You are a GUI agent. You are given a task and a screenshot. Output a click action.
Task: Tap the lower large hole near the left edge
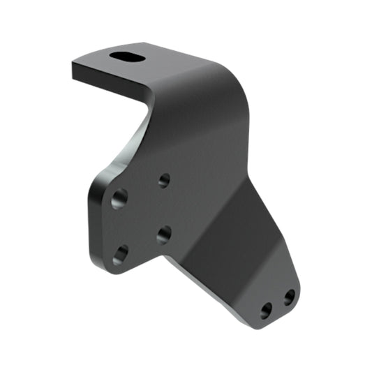coord(120,255)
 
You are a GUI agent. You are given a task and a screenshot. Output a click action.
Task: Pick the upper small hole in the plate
coord(164,181)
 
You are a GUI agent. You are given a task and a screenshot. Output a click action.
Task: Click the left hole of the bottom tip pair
coord(267,311)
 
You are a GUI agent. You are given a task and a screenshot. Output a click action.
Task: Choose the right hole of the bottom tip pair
coord(288,299)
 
